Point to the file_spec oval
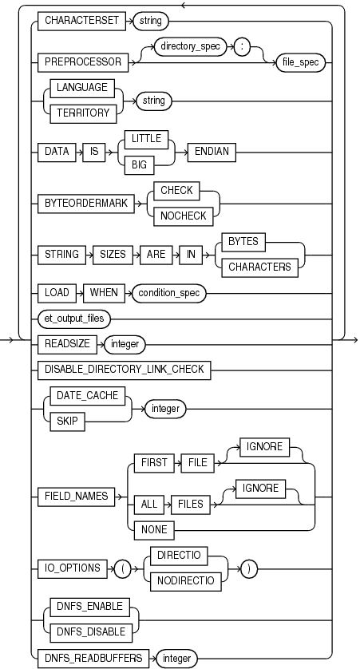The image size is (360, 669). [x=300, y=61]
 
